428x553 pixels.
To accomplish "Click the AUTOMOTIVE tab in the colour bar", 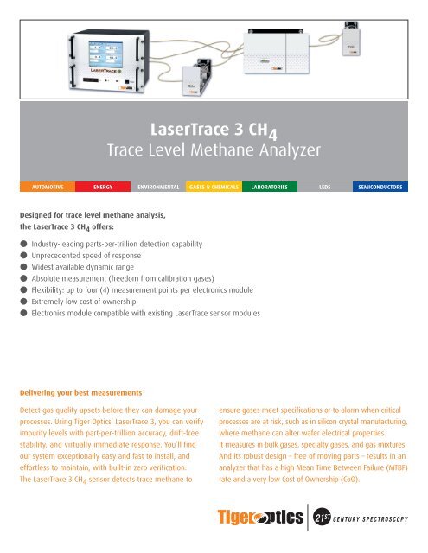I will pyautogui.click(x=42, y=186).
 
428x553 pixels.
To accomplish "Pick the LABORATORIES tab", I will pyautogui.click(x=269, y=186).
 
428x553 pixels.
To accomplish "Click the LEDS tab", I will pyautogui.click(x=324, y=186).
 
